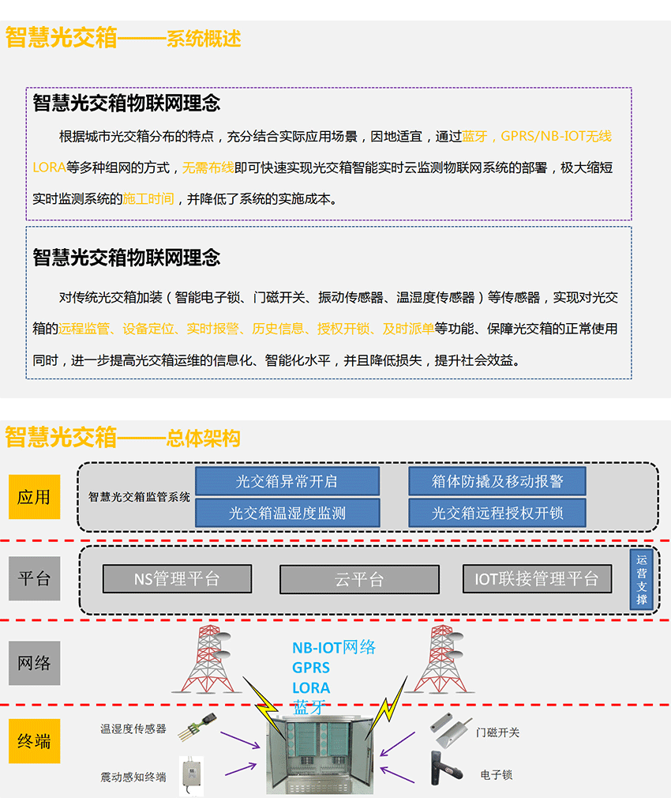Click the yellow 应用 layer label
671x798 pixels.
tap(35, 497)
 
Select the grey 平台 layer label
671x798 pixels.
tap(35, 578)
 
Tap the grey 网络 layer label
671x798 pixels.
tap(35, 663)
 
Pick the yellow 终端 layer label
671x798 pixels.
tap(35, 741)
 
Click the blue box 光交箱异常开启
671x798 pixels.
tap(287, 481)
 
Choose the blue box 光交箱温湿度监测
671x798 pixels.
tap(287, 513)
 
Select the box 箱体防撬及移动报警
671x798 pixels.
tap(497, 481)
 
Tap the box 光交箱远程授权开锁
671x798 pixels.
tap(497, 513)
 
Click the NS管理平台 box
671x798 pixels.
tap(177, 578)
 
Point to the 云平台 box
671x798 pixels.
tap(359, 579)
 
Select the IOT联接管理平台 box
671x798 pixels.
tap(537, 578)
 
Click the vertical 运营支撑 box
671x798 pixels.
tap(642, 579)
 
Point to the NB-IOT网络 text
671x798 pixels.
tap(334, 647)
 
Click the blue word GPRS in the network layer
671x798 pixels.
tap(310, 668)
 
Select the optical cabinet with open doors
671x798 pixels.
tap(321, 753)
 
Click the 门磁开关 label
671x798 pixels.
tap(497, 732)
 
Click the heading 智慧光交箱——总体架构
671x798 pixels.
tap(122, 437)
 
